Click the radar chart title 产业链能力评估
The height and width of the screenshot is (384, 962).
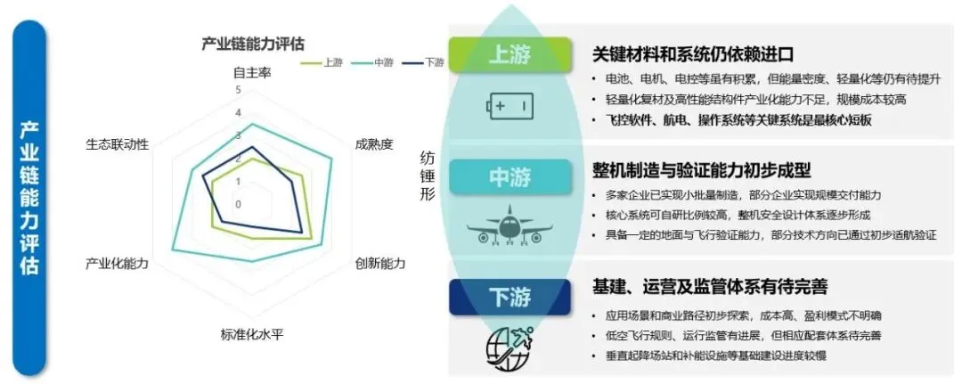click(252, 42)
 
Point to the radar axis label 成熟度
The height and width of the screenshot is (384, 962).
click(373, 143)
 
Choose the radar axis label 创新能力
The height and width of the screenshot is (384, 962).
click(380, 264)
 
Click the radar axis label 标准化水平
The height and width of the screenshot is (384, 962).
click(251, 335)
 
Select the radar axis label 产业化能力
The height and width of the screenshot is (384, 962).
click(117, 265)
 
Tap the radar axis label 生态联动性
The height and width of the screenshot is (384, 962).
click(117, 143)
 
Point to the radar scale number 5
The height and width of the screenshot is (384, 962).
click(238, 90)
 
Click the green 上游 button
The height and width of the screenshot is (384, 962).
click(510, 54)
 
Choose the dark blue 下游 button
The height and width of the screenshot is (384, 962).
click(510, 297)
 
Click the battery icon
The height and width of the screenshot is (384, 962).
click(510, 107)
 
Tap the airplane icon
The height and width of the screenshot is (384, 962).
click(510, 227)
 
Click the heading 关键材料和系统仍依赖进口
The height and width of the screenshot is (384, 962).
click(693, 54)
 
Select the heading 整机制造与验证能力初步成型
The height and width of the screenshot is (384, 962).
click(702, 169)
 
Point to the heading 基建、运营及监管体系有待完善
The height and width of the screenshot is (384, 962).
click(711, 287)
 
